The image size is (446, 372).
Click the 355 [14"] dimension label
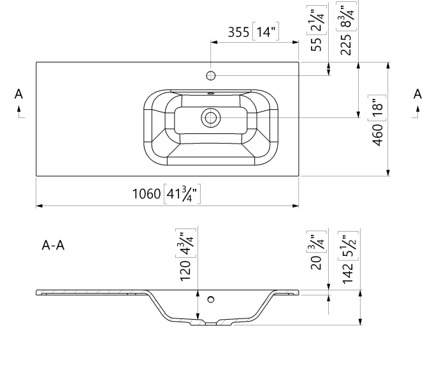coord(254,32)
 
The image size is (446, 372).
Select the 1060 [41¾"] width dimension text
coord(166,193)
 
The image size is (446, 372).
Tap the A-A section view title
coord(53,245)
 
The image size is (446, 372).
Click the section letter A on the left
coord(19,94)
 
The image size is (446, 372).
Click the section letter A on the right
coord(418,94)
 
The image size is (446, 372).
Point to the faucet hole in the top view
coord(210,76)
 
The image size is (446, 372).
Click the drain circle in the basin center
coord(210,117)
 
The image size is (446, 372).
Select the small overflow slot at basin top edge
coord(210,93)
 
